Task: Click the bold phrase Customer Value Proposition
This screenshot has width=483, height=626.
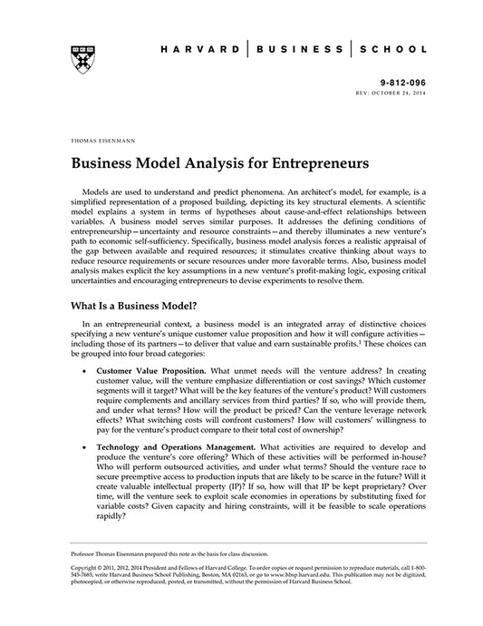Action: pos(150,372)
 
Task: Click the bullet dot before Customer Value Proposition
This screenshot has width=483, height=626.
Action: pos(83,373)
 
